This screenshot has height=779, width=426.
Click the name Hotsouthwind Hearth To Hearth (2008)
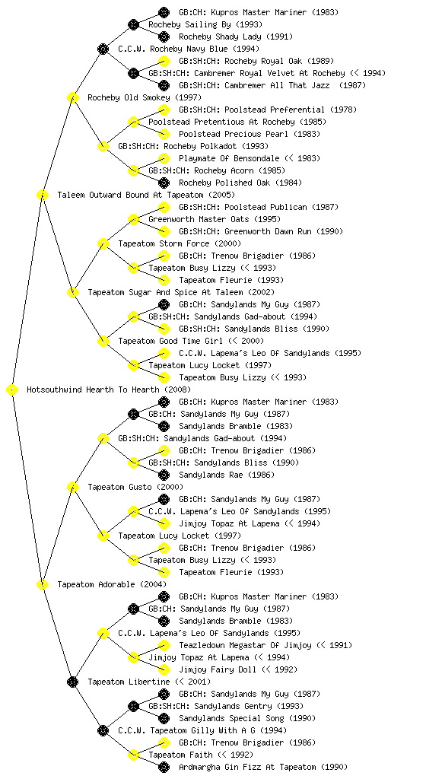point(108,390)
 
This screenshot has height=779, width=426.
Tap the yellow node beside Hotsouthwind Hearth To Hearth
point(12,390)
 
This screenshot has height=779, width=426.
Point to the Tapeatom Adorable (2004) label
point(112,585)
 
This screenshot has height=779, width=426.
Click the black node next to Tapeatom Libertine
point(72,682)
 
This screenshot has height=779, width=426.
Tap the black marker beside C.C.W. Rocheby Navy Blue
point(103,49)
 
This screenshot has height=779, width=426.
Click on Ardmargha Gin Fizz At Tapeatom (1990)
point(263,767)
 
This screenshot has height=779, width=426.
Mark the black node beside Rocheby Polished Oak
point(164,183)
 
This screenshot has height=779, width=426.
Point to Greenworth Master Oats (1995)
point(215,220)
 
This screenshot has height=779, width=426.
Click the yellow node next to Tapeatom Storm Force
point(103,243)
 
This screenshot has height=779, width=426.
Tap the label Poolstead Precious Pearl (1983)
point(250,134)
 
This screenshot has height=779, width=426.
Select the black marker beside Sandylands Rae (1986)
point(164,475)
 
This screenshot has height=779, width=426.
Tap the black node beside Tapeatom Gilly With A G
point(103,730)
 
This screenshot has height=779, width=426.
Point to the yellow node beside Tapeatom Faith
point(133,755)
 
